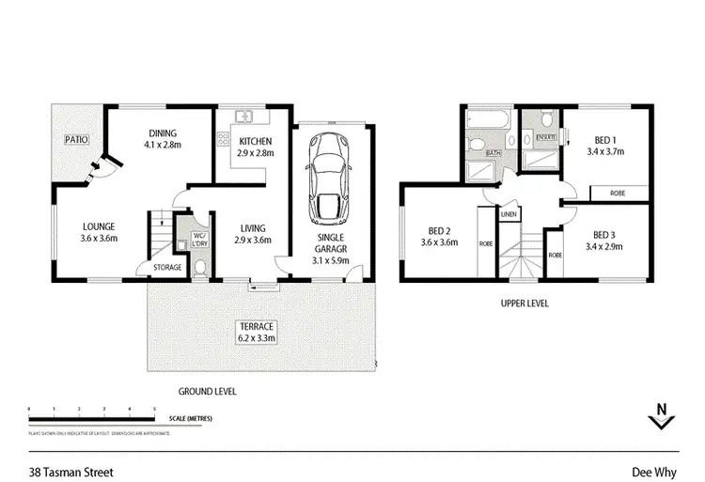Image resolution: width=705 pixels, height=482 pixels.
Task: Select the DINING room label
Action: pyautogui.click(x=163, y=132)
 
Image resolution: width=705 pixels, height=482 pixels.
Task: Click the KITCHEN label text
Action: pyautogui.click(x=255, y=141)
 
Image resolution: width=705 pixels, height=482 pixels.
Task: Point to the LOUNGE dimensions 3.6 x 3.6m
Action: pyautogui.click(x=98, y=239)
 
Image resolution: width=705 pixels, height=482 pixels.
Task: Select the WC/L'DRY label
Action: pyautogui.click(x=199, y=240)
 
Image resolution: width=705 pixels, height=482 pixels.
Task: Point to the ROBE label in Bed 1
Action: pyautogui.click(x=617, y=193)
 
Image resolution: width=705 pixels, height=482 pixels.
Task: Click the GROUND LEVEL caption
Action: pyautogui.click(x=207, y=391)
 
